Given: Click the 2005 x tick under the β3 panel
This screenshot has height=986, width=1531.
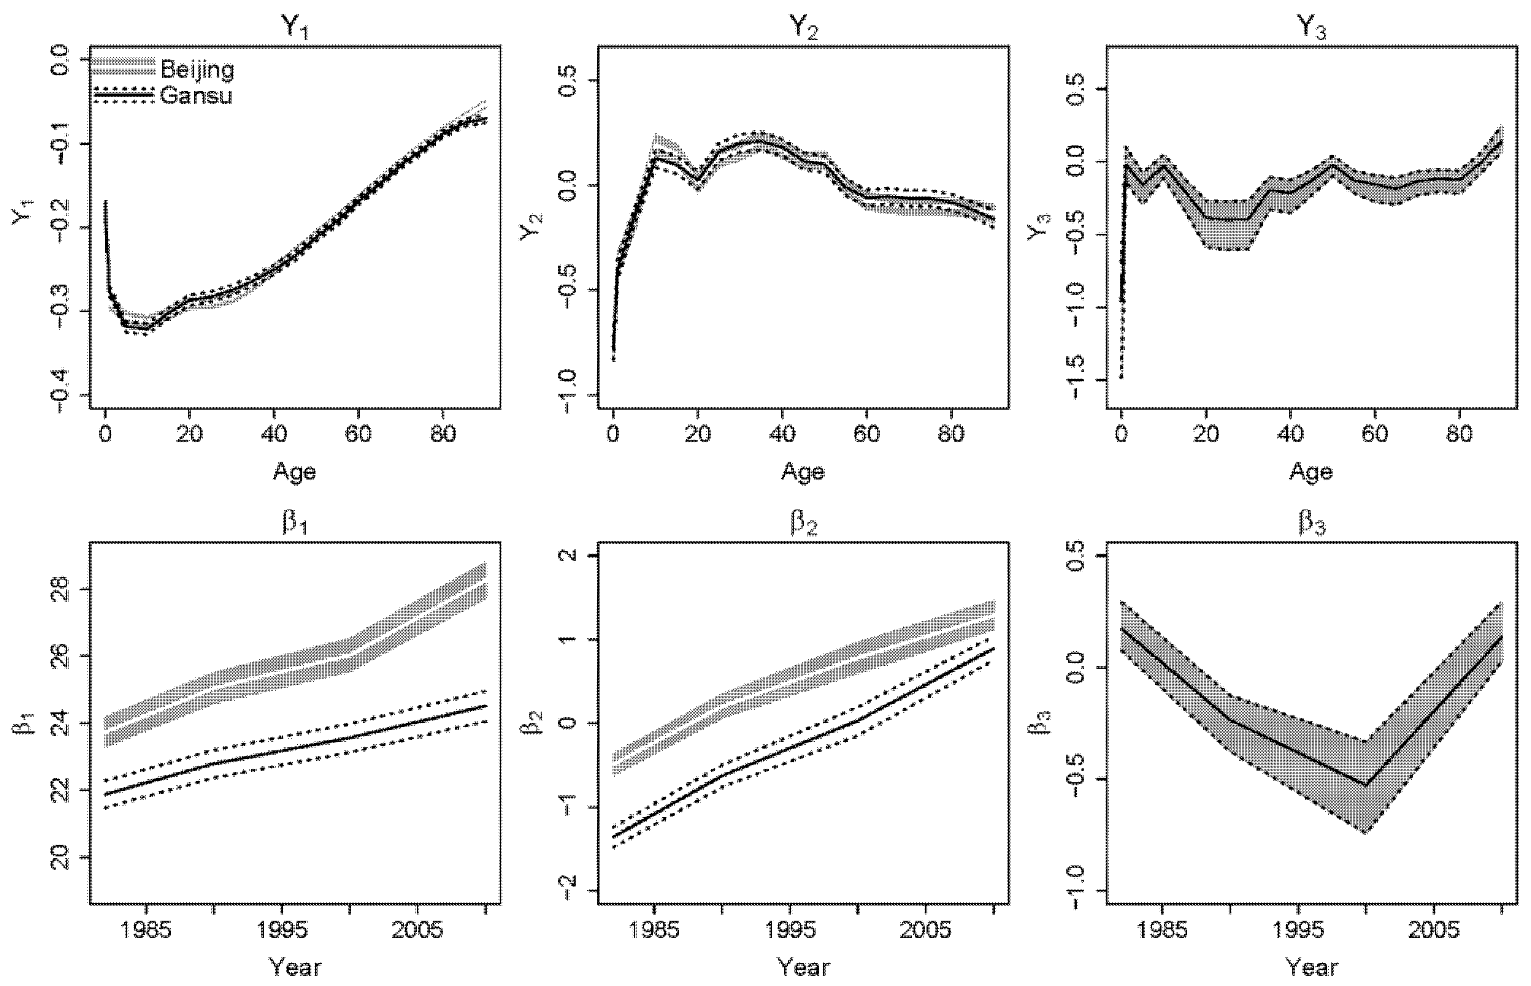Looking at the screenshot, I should (1433, 930).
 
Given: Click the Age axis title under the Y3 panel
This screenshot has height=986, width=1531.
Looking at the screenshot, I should (1310, 472).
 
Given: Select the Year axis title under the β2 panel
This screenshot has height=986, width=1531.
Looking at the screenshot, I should (803, 967).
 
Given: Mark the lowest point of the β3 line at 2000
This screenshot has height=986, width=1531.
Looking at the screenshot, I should (1366, 786).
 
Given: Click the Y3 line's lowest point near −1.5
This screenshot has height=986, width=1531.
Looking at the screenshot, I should (1122, 378).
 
